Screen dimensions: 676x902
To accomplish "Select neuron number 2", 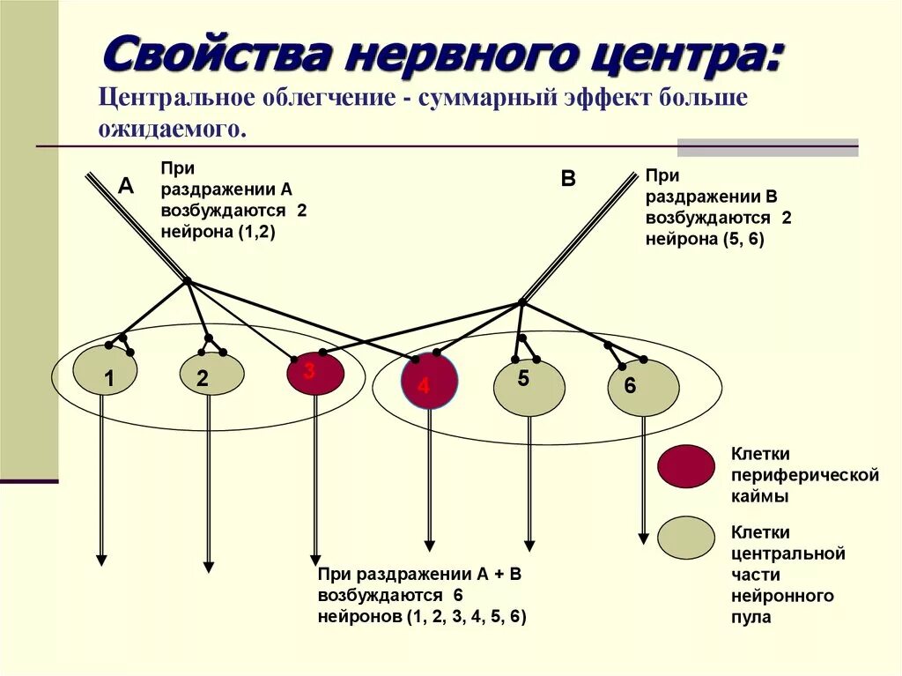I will [211, 375].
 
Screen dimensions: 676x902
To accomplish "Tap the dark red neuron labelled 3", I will [314, 374].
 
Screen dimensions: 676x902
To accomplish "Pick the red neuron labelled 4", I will [429, 381].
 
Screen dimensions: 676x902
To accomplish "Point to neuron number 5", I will [529, 387].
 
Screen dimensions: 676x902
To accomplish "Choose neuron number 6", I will [643, 388].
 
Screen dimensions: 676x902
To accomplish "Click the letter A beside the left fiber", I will [126, 185].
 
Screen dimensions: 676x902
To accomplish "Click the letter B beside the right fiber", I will [568, 179].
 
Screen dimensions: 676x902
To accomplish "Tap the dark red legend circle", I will [686, 466].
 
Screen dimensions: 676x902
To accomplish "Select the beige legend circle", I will [686, 537].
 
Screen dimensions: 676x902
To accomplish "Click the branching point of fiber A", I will [187, 282].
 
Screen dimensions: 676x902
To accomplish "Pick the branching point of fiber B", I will [521, 302].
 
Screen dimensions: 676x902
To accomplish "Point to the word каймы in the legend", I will [759, 497].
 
